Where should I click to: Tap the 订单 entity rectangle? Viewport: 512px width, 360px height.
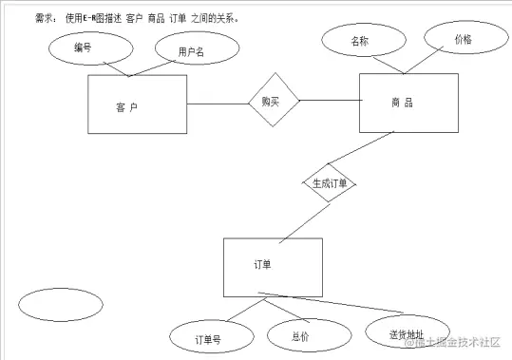[x=272, y=266]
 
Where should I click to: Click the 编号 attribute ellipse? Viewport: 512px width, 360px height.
[x=83, y=48]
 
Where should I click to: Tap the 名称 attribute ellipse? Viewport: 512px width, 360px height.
[x=358, y=42]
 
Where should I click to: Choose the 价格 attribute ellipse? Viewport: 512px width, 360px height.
[x=462, y=40]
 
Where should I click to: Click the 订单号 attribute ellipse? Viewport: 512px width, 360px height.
[x=208, y=336]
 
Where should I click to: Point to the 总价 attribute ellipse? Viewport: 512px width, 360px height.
[x=300, y=334]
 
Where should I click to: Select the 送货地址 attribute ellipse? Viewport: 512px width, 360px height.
[x=407, y=333]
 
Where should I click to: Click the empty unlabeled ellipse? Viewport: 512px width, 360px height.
[x=60, y=305]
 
